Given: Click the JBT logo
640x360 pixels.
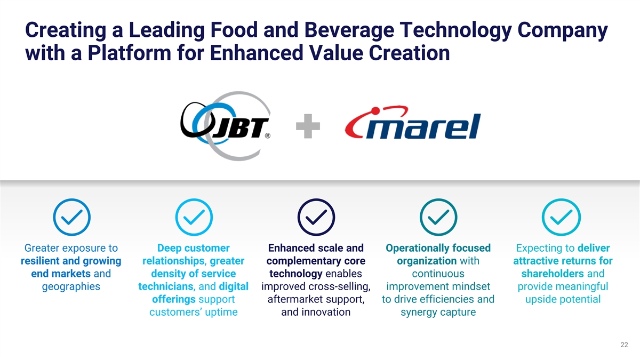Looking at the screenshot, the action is (226, 126).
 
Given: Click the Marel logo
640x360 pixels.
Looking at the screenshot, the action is (413, 123).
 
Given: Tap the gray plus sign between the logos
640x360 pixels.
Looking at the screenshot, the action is (308, 126).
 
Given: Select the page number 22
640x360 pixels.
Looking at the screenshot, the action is (624, 345).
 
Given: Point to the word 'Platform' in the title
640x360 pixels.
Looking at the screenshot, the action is (129, 53).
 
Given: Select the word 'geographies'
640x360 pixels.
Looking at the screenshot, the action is (71, 286).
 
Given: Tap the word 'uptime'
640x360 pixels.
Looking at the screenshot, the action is (221, 313).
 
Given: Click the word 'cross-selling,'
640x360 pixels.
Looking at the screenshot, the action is (339, 286).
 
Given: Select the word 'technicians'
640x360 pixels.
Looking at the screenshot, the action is (166, 286).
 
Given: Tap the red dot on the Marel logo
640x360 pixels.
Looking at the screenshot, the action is (375, 111).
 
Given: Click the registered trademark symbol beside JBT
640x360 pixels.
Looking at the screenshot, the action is (267, 135).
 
